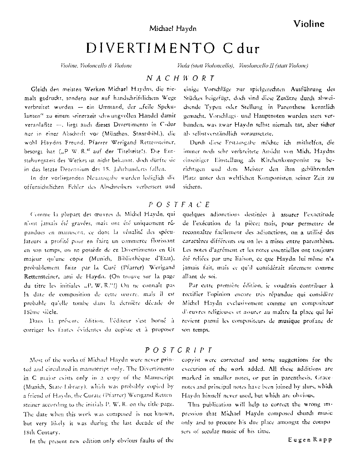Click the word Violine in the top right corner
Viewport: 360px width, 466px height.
(x=309, y=24)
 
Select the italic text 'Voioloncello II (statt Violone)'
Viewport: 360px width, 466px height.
(x=273, y=66)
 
